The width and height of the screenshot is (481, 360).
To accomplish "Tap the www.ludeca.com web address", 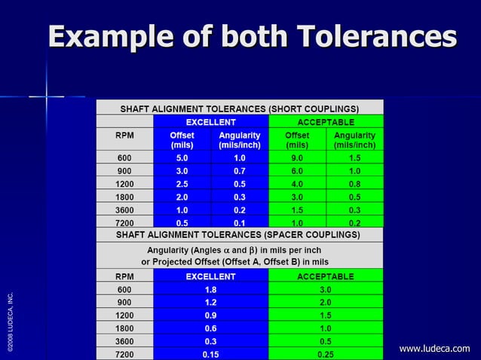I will (x=434, y=348).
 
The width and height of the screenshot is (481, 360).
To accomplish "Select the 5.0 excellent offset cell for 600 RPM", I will (x=182, y=159).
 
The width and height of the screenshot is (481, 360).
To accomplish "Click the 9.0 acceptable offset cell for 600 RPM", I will (x=297, y=159).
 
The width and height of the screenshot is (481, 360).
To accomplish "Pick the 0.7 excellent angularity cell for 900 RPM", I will (x=240, y=172).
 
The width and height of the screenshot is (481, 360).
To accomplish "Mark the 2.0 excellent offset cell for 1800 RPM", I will (x=182, y=197).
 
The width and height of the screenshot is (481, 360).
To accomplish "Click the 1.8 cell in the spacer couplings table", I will (x=211, y=289).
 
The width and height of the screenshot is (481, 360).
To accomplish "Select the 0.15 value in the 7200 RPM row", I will (x=211, y=354).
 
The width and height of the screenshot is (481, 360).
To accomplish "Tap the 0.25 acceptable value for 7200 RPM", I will (x=326, y=354).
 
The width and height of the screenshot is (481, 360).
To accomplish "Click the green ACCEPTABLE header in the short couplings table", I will (x=326, y=121).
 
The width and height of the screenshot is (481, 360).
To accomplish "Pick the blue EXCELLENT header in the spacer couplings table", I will (x=211, y=276).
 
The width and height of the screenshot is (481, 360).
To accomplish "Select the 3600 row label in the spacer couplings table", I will (x=124, y=341).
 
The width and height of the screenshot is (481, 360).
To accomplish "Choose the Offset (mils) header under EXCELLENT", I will (x=182, y=139).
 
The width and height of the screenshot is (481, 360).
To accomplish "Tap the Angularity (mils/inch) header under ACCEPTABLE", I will (x=354, y=139).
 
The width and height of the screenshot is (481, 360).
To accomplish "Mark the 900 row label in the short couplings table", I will (x=124, y=172).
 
